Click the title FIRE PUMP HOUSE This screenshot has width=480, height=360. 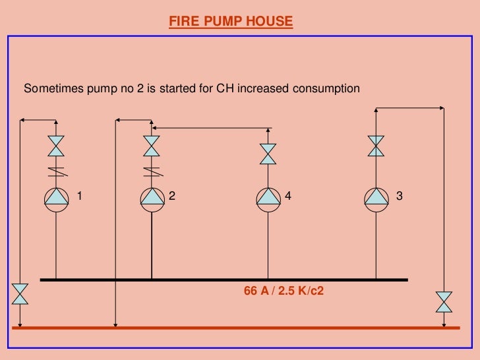pyautogui.click(x=231, y=21)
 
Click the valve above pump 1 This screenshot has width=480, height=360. pyautogui.click(x=57, y=146)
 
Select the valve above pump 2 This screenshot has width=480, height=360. pyautogui.click(x=152, y=146)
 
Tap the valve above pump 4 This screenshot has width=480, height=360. pyautogui.click(x=268, y=154)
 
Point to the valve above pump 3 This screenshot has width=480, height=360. pyautogui.click(x=376, y=146)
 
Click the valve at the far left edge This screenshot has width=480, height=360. pyautogui.click(x=20, y=294)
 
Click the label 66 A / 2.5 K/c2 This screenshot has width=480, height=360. pyautogui.click(x=284, y=290)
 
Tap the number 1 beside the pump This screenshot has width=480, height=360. pyautogui.click(x=80, y=196)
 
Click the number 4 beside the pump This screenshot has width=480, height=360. pyautogui.click(x=287, y=196)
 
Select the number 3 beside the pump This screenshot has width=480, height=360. pyautogui.click(x=399, y=196)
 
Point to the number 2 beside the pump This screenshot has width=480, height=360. pyautogui.click(x=172, y=196)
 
